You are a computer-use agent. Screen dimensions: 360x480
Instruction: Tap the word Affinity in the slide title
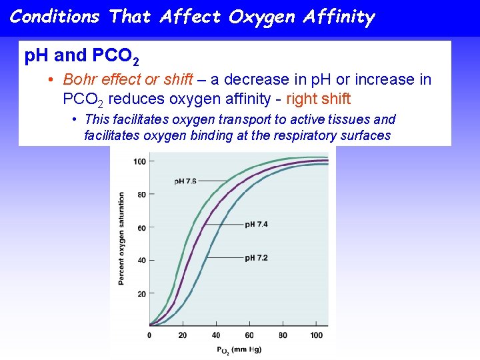point(336,17)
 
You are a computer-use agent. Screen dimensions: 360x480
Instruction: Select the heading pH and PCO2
point(82,57)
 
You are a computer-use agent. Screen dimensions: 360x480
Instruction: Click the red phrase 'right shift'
point(318,99)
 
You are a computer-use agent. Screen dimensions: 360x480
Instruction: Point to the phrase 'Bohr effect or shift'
point(128,79)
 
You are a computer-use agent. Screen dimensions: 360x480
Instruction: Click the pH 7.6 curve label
point(185,181)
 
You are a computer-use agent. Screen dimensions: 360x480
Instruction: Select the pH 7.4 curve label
point(256,225)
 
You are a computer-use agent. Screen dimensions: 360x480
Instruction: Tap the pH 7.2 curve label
point(256,257)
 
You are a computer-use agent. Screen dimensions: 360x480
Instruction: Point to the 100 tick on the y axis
point(139,161)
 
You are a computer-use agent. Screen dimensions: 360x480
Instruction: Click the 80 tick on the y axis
point(141,195)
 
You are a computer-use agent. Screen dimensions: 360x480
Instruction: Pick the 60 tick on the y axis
point(141,227)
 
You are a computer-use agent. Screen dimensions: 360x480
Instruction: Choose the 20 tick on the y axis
point(141,293)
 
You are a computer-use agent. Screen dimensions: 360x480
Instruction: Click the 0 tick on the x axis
point(149,335)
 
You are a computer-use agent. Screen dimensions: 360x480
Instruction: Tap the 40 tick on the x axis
point(216,335)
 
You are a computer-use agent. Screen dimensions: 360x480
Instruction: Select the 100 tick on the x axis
point(317,335)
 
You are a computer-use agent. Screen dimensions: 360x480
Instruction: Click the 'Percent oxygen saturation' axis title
point(121,239)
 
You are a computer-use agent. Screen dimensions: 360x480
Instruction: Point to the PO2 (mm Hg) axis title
point(239,349)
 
